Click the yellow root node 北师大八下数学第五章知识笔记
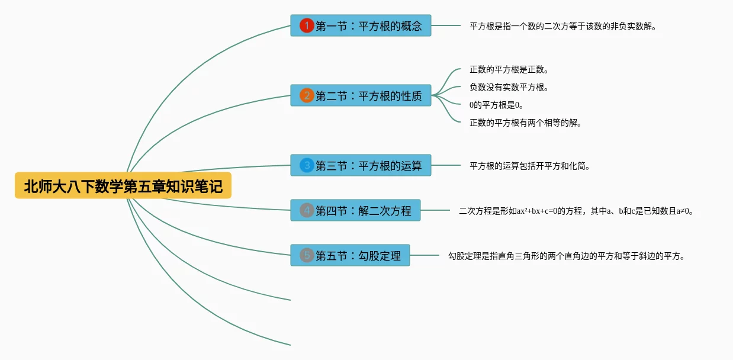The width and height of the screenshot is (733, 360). tap(123, 186)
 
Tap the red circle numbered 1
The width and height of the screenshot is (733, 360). tap(307, 25)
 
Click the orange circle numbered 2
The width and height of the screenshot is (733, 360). tap(307, 95)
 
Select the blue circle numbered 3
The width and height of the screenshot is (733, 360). tap(307, 165)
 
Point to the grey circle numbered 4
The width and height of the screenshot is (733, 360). tap(307, 210)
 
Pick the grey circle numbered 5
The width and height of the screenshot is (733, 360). tap(307, 255)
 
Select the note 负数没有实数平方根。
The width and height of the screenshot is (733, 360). tap(509, 88)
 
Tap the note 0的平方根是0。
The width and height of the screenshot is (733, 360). tap(496, 105)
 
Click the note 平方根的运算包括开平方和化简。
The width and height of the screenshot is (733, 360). tap(530, 166)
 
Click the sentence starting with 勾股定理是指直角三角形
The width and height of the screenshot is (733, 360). tap(567, 257)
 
